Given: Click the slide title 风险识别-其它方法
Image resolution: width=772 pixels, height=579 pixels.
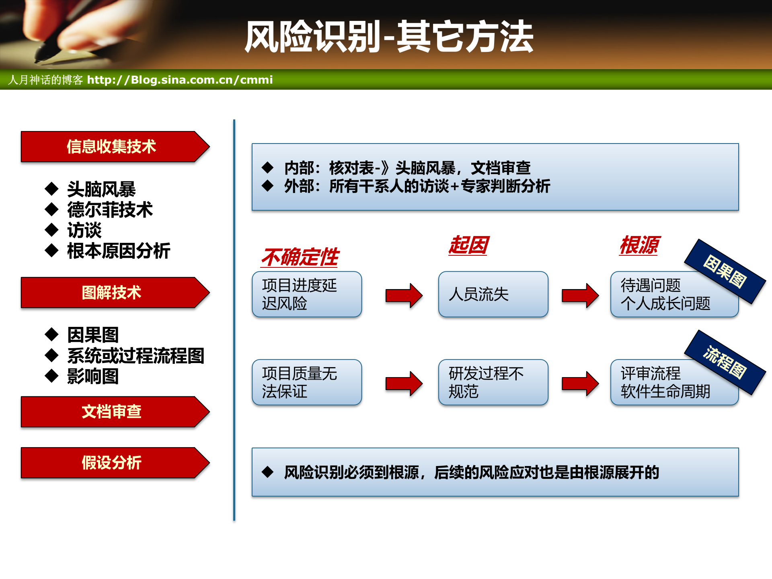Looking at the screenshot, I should point(389,37).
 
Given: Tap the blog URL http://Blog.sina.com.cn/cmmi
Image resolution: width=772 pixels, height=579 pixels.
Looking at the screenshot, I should point(180,80).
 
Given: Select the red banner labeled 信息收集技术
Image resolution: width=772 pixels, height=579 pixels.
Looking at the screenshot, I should point(111,147).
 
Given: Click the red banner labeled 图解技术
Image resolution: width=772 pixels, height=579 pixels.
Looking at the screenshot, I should point(111,293).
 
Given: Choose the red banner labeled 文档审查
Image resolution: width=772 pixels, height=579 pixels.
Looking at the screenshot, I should point(111,412).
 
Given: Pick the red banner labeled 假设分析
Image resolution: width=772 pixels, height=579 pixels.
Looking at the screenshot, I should point(111,463).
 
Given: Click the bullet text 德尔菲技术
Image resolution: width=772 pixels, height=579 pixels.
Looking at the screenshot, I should point(110,210).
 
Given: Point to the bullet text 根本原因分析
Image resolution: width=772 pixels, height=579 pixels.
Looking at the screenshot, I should point(119,251).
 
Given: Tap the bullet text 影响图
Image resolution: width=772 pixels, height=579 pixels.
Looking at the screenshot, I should point(93,376).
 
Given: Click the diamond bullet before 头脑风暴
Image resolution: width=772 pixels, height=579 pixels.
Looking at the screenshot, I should point(51,188).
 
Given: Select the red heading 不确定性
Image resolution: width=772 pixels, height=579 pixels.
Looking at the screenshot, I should point(300,257).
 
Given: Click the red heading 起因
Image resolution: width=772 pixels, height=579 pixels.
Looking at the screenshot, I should point(468,245).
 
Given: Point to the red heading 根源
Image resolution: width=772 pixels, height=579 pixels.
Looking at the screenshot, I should point(639,245).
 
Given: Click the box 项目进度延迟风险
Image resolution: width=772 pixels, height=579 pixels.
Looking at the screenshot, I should point(307,294).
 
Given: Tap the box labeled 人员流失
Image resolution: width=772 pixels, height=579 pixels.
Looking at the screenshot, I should point(493,294).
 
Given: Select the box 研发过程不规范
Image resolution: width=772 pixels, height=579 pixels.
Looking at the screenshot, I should point(493,382).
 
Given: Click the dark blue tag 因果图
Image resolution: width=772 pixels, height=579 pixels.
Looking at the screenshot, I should point(725,272).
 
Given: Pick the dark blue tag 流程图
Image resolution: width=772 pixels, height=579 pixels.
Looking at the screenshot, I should point(725,363).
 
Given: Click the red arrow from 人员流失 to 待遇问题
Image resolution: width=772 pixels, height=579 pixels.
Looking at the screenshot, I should point(580,296).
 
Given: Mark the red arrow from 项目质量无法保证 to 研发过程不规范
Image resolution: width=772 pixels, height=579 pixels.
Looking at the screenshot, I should point(404,384).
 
